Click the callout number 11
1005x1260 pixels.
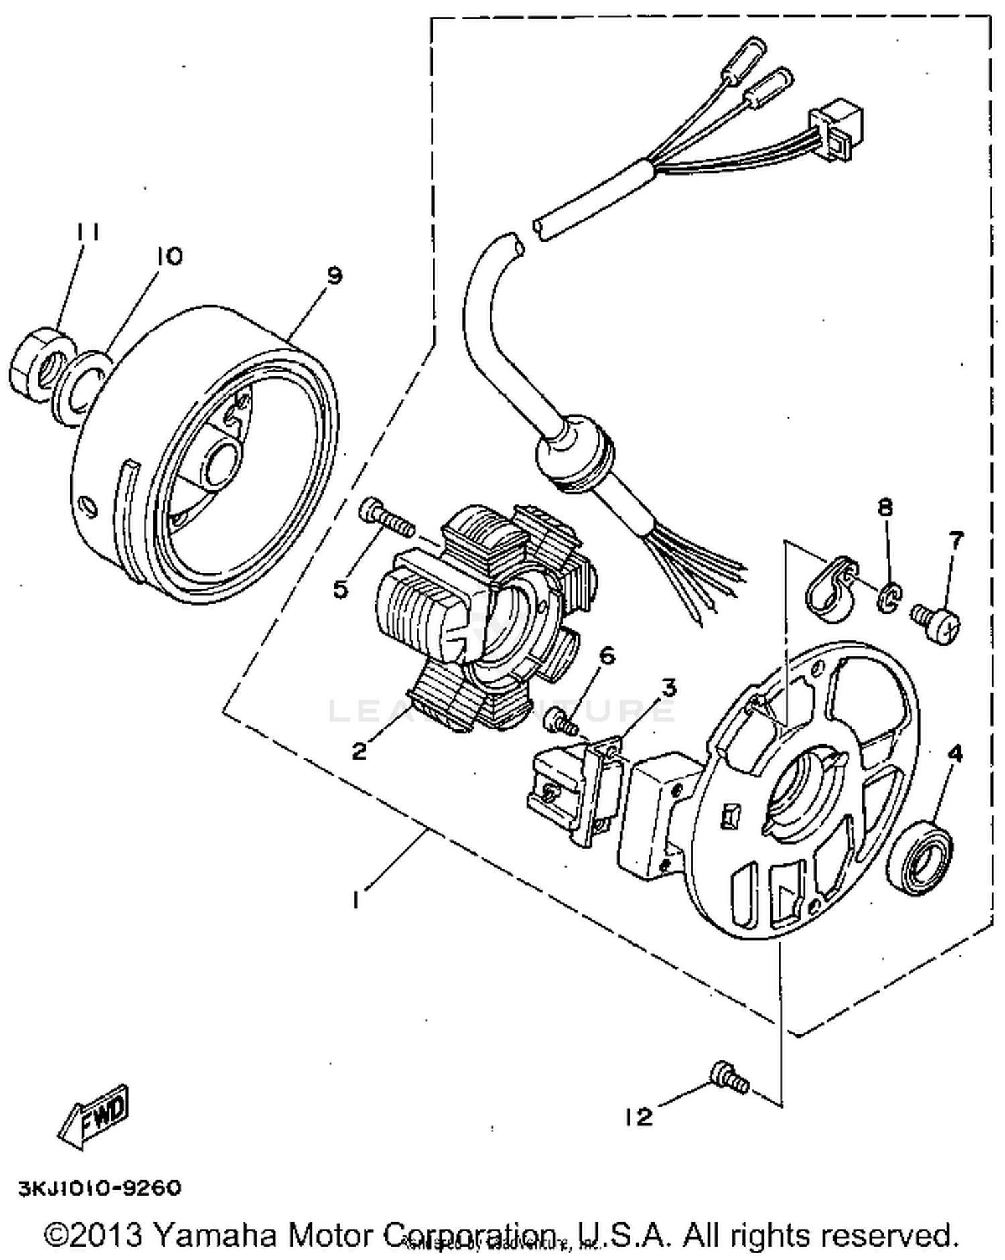88,232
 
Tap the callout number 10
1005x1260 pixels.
170,255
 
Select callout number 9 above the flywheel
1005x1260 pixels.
334,275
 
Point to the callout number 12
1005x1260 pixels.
638,1117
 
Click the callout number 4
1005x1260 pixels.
955,754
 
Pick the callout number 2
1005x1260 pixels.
360,751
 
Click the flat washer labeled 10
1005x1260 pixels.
81,389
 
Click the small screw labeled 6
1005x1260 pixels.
559,721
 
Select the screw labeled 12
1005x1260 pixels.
729,1077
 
